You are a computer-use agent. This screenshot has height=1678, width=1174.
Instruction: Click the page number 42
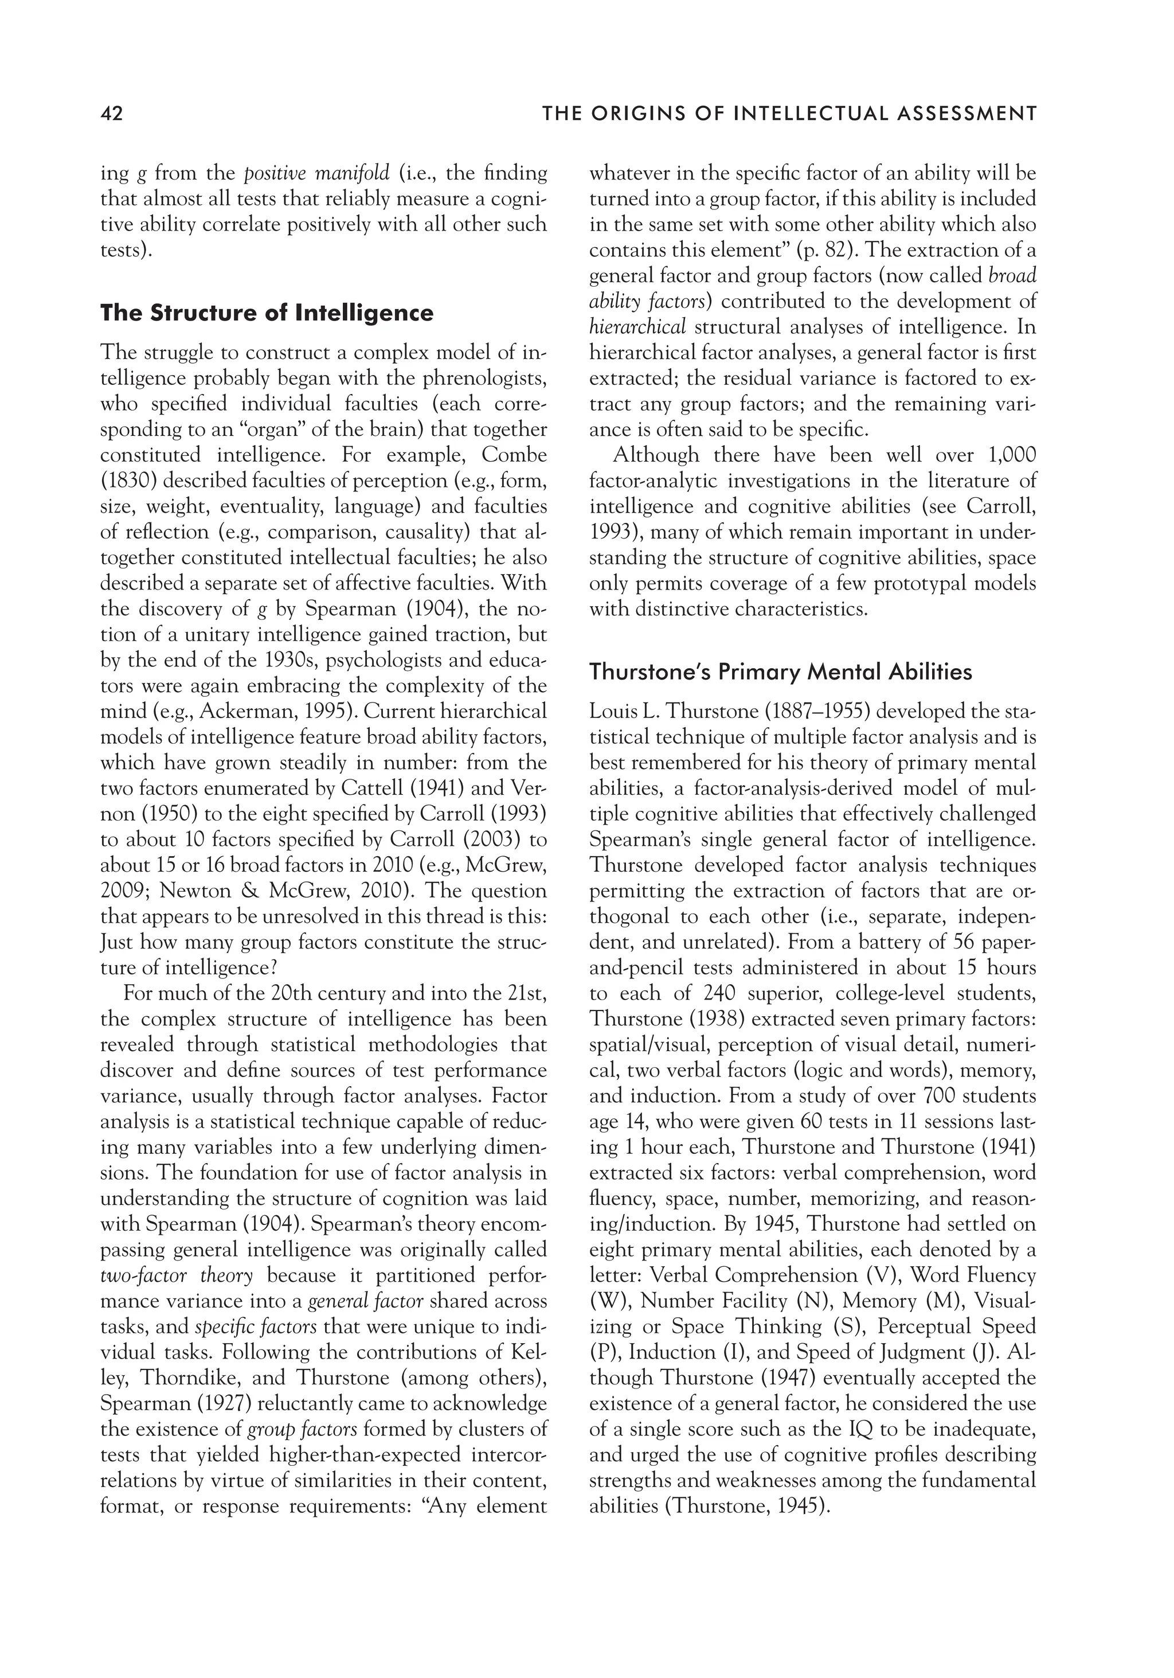coord(112,114)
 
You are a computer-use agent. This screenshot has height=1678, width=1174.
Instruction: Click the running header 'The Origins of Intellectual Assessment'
coord(789,114)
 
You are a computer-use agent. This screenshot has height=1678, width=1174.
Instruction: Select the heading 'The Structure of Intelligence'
coord(267,313)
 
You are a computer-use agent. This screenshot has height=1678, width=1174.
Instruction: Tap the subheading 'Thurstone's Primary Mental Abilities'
coord(780,672)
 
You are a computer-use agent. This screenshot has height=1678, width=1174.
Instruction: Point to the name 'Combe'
coord(514,455)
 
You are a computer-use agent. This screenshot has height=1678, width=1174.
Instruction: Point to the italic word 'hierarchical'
coord(637,327)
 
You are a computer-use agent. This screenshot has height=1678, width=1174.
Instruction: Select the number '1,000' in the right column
coord(1011,455)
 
